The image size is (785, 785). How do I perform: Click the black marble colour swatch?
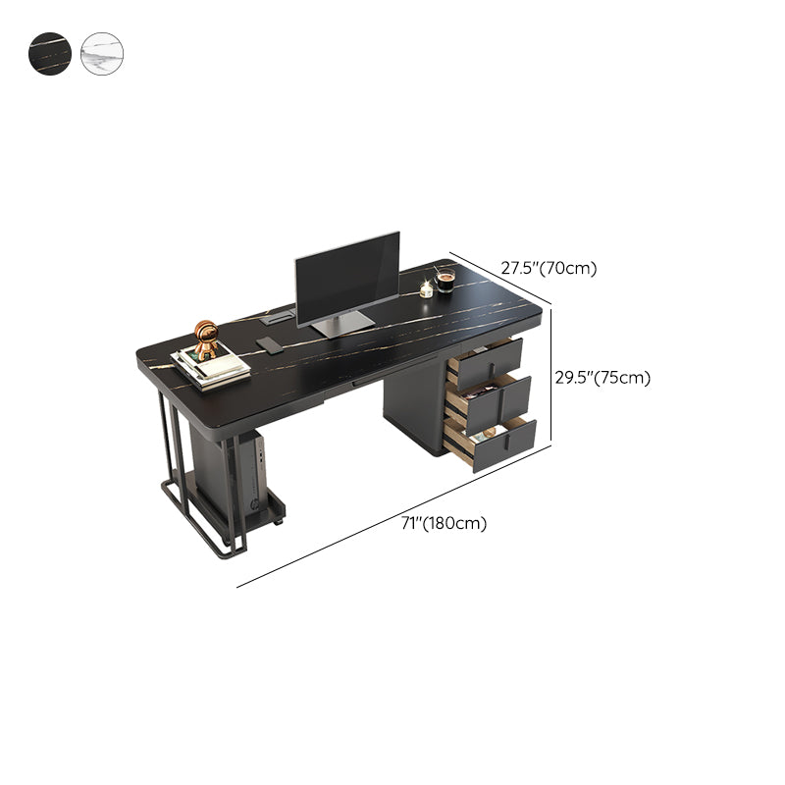(x=50, y=54)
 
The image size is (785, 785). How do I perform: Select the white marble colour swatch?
(x=102, y=54)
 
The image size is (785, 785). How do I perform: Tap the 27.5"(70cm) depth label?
(x=549, y=268)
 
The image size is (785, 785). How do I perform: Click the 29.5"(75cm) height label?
(x=602, y=378)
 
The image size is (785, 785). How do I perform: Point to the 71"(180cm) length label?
(x=445, y=523)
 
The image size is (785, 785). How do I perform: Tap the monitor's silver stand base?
(x=342, y=324)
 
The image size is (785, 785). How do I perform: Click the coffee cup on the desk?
(x=445, y=280)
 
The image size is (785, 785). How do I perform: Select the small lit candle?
(x=426, y=289)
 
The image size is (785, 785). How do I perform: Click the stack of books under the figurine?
(x=211, y=369)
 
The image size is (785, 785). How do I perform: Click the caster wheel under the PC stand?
(x=278, y=522)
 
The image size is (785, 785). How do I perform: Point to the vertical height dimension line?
(x=551, y=375)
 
